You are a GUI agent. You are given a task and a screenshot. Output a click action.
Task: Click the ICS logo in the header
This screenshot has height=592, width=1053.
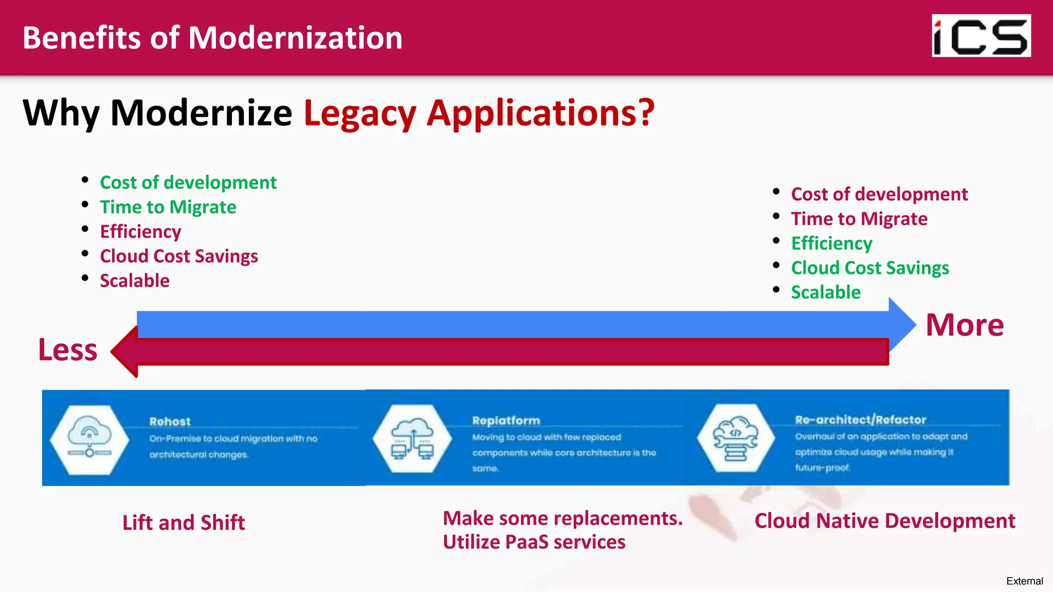pyautogui.click(x=981, y=35)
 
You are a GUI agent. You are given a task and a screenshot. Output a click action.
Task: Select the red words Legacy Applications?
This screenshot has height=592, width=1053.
pyautogui.click(x=479, y=113)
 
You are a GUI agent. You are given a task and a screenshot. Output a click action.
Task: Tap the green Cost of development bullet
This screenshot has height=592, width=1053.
pyautogui.click(x=188, y=182)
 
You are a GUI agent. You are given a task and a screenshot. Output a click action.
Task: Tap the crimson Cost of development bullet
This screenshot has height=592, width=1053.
pyautogui.click(x=879, y=194)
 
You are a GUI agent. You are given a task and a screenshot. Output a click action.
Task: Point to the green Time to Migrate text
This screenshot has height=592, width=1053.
pyautogui.click(x=168, y=207)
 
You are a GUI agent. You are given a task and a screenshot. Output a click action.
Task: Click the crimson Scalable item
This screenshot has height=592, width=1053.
pyautogui.click(x=135, y=281)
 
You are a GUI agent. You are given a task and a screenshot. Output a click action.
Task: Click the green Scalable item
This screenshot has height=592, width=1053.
pyautogui.click(x=826, y=292)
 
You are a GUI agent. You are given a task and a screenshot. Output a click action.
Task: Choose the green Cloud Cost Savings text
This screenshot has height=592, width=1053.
pyautogui.click(x=870, y=268)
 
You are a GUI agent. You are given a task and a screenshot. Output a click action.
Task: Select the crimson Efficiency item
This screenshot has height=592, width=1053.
pyautogui.click(x=140, y=232)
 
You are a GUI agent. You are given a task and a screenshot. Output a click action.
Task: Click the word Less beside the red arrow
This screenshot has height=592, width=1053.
pyautogui.click(x=68, y=350)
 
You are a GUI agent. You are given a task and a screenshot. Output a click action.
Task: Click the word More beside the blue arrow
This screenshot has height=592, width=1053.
pyautogui.click(x=965, y=325)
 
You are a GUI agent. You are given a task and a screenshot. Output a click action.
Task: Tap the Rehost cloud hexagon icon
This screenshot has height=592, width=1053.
pyautogui.click(x=89, y=439)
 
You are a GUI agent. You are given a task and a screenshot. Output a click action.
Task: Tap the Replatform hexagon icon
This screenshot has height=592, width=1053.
pyautogui.click(x=412, y=438)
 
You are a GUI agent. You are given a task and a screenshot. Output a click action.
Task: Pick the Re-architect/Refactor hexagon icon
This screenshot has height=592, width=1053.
pyautogui.click(x=736, y=438)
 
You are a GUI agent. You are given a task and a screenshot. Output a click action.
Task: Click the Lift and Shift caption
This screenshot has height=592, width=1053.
pyautogui.click(x=184, y=523)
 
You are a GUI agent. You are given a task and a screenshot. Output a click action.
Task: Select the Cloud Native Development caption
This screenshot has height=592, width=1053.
pyautogui.click(x=884, y=521)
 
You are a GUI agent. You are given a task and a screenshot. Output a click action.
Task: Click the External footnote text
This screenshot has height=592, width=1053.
pyautogui.click(x=1024, y=581)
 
